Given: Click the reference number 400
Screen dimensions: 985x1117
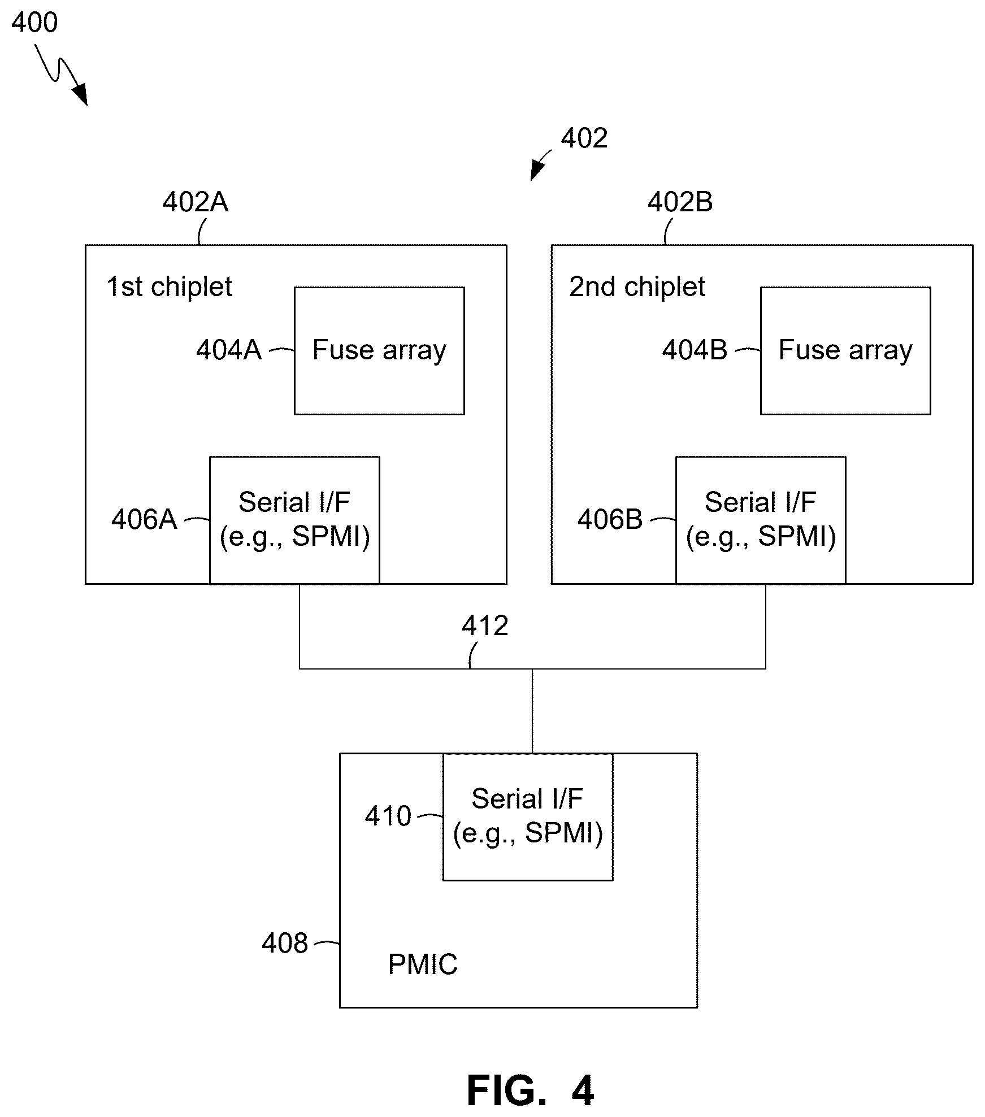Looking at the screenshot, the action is pos(34,23).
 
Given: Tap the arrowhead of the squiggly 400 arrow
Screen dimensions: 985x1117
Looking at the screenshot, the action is pos(81,94).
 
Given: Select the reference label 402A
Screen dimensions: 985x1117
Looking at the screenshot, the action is pos(196,202).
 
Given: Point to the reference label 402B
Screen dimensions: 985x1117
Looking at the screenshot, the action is pos(680,202).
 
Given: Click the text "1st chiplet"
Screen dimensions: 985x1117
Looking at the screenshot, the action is pos(170,286).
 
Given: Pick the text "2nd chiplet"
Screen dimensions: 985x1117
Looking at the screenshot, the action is pos(637,286).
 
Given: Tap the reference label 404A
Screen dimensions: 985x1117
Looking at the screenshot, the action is pos(229,350).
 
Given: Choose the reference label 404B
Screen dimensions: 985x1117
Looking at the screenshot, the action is pos(695,350).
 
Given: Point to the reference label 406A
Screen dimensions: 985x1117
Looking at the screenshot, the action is pos(144,519).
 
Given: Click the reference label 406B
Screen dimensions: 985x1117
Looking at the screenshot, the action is pos(610,519).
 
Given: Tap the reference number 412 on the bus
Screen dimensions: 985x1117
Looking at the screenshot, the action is pos(485,626).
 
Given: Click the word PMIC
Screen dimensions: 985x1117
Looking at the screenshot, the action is pos(423,964).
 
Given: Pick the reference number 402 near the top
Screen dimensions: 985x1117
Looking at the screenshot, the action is pos(584,138).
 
